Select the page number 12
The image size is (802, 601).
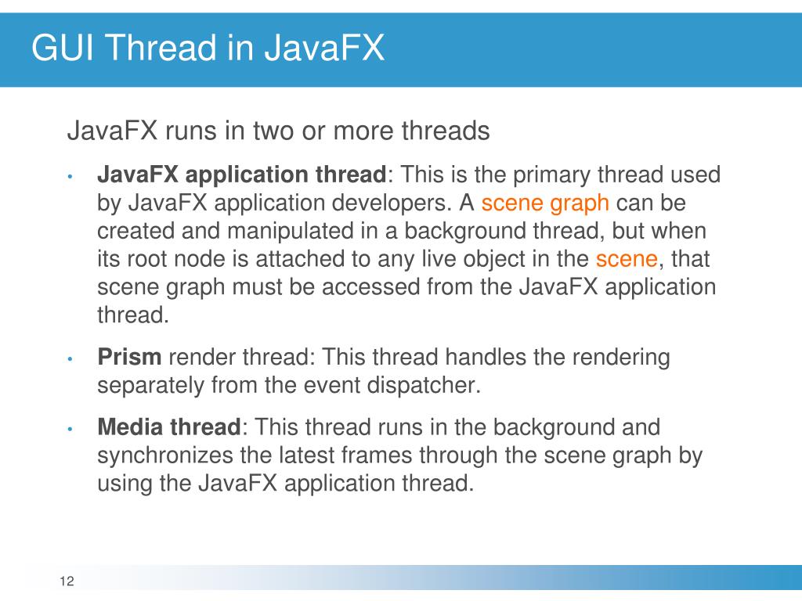pos(66,581)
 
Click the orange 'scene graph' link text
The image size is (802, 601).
pos(545,203)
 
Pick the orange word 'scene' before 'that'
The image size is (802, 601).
pos(626,259)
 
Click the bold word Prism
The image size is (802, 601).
pos(129,358)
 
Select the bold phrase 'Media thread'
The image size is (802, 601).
pos(168,427)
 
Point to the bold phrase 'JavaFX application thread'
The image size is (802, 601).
pos(242,175)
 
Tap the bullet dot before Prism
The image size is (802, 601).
pos(70,359)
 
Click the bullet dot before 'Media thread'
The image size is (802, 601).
pos(70,429)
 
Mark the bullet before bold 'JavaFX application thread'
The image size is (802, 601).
pos(70,176)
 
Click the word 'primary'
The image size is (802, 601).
pos(549,175)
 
